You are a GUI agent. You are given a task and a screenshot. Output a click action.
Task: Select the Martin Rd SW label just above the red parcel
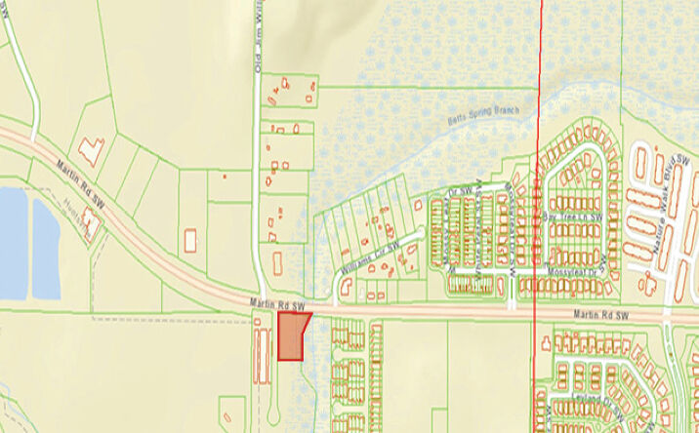pyautogui.click(x=277, y=305)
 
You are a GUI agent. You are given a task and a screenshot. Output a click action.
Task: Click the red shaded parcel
pyautogui.click(x=291, y=335)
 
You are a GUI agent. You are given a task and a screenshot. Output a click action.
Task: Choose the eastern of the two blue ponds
pyautogui.click(x=45, y=249)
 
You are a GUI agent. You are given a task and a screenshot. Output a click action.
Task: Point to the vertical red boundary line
pyautogui.click(x=538, y=146)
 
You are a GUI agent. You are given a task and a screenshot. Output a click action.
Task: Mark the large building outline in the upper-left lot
pyautogui.click(x=92, y=150)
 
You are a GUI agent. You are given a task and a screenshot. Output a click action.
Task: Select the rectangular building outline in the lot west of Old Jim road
pyautogui.click(x=189, y=239)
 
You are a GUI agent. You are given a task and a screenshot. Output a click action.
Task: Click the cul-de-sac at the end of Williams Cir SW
pyautogui.click(x=344, y=286)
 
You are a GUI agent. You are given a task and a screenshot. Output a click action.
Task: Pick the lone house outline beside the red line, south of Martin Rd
pyautogui.click(x=544, y=340)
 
